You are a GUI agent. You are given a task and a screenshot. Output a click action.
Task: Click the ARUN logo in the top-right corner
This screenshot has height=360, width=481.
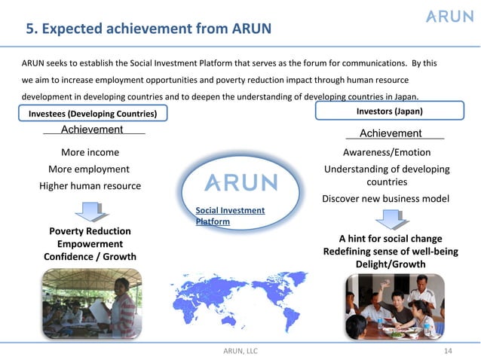pyautogui.click(x=449, y=17)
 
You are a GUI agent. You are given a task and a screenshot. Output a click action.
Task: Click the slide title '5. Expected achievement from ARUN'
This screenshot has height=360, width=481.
pyautogui.click(x=148, y=29)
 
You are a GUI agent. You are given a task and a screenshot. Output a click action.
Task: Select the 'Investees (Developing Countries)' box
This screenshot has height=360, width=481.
pyautogui.click(x=93, y=114)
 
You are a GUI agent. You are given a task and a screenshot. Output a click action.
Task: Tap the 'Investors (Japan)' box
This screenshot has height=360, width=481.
pyautogui.click(x=389, y=111)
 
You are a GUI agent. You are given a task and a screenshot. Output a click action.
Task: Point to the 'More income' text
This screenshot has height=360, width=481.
pyautogui.click(x=90, y=152)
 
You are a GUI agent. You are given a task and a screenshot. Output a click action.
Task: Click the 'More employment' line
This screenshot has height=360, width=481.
pyautogui.click(x=89, y=169)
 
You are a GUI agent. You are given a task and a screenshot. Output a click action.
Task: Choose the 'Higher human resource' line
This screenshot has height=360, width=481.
pyautogui.click(x=90, y=186)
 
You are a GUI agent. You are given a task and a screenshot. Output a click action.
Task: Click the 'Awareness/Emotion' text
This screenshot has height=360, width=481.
pyautogui.click(x=387, y=152)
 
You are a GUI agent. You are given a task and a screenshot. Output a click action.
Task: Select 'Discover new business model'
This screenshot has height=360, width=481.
pyautogui.click(x=386, y=199)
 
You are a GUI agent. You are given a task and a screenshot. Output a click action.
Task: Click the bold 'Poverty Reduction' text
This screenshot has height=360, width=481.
pyautogui.click(x=90, y=231)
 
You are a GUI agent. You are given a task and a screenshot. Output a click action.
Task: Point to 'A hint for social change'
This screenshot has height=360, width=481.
pyautogui.click(x=390, y=238)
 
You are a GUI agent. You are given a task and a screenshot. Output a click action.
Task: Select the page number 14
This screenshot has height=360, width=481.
pyautogui.click(x=449, y=351)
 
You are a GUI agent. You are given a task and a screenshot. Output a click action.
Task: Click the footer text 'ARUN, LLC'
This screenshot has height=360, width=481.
pyautogui.click(x=240, y=351)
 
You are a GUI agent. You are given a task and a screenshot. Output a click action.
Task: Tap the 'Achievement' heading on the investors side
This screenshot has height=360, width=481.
pyautogui.click(x=391, y=133)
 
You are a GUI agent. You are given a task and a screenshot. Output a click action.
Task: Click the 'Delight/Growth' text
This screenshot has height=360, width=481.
pyautogui.click(x=390, y=264)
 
